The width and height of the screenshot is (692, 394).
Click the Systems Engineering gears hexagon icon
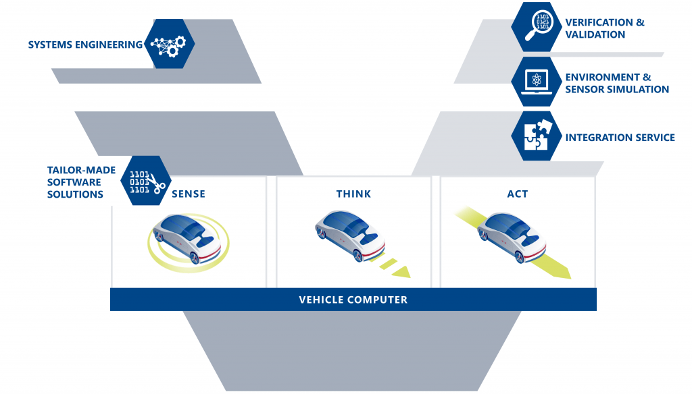pos(170,45)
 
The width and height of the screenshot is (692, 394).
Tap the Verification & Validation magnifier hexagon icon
pos(537,27)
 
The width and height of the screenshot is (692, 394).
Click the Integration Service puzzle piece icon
pos(537,136)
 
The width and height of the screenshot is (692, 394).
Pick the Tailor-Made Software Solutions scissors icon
pos(146,181)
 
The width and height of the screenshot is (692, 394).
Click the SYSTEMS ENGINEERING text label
pos(85,45)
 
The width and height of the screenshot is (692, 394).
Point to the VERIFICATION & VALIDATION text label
pos(605,28)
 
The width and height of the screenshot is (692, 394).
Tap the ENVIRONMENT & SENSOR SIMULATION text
pos(617,83)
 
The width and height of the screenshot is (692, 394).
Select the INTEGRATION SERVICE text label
pos(620,138)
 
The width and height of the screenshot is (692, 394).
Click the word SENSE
pos(189,194)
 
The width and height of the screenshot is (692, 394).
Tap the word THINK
pos(353,194)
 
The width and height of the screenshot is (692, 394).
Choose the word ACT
pos(518,194)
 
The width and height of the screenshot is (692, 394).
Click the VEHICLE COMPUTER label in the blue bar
pos(353,300)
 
